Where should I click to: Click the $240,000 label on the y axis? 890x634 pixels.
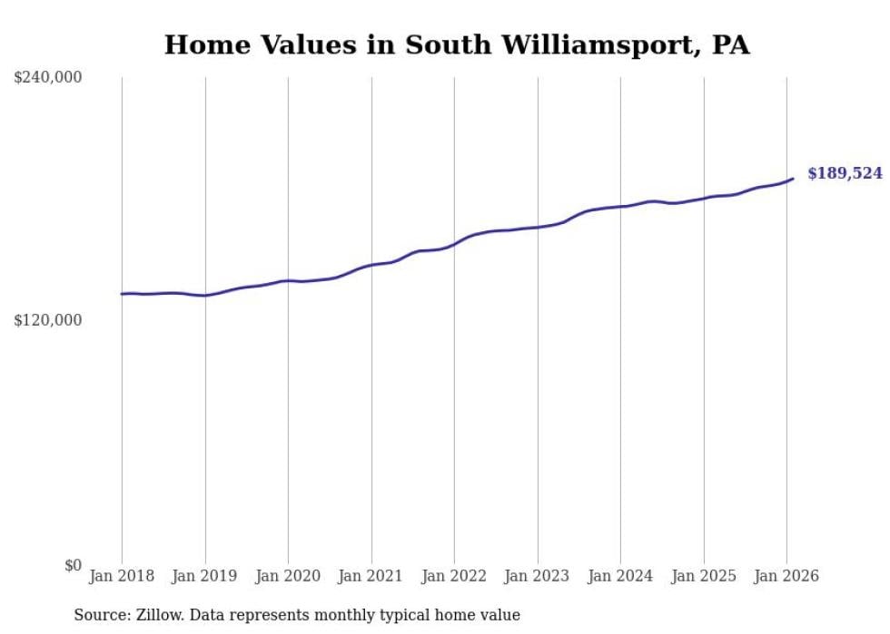click(48, 78)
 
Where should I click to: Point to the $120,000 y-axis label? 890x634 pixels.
click(48, 320)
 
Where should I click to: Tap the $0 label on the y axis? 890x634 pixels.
click(73, 565)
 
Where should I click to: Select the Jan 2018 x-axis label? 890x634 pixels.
click(122, 577)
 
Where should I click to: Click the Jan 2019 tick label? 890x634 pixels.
click(205, 577)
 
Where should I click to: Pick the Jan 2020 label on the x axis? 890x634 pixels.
click(288, 577)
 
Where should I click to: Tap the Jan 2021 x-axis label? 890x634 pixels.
click(371, 577)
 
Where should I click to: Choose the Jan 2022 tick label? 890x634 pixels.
click(454, 577)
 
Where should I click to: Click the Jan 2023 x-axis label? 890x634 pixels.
click(538, 577)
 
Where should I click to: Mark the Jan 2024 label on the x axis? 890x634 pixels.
click(620, 577)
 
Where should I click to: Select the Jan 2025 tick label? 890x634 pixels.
click(704, 577)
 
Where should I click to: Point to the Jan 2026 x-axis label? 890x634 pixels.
click(786, 577)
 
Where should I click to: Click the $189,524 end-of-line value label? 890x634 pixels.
click(845, 173)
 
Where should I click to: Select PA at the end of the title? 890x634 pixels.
click(730, 45)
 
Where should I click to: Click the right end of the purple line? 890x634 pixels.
click(793, 179)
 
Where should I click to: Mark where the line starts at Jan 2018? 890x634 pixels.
click(122, 294)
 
